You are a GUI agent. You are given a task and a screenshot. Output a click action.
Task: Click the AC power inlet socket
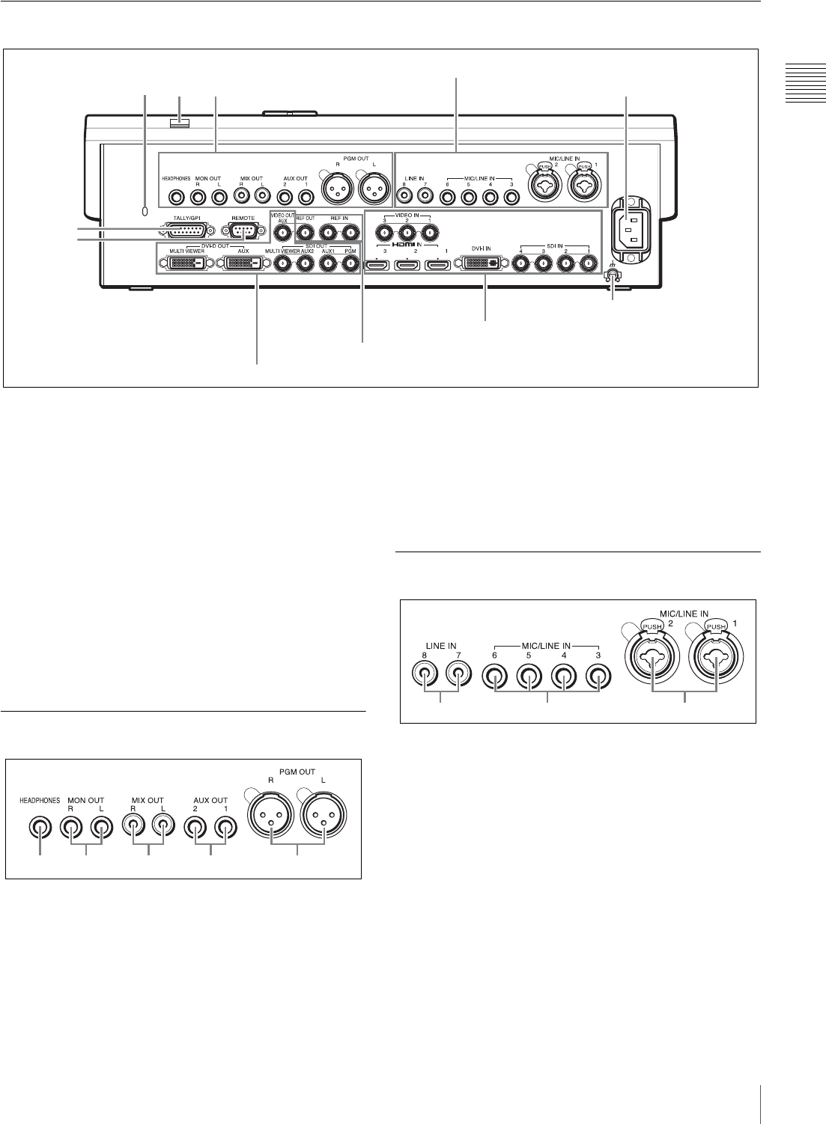(628, 225)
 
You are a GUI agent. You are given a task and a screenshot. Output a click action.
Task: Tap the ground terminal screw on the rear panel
(613, 276)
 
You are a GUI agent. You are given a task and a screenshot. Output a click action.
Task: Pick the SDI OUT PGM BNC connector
(348, 263)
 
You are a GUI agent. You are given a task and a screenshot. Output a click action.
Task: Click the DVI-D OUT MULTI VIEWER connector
(183, 263)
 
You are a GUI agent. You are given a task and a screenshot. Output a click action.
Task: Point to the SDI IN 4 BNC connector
(522, 263)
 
